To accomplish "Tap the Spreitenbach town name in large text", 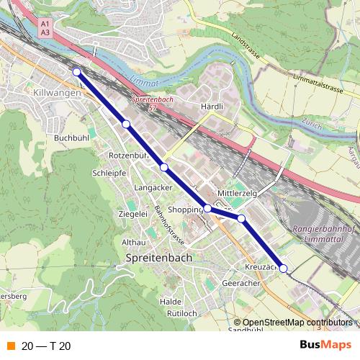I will point(158,257).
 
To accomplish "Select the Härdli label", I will point(212,106).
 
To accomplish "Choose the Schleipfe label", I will point(109,174).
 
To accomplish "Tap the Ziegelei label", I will point(132,214).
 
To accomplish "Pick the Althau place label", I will point(134,242).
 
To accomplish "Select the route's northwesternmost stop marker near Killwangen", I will point(76,71).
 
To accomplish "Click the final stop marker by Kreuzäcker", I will point(283,269).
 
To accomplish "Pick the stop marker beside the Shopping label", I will point(207,208).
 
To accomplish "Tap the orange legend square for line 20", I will point(11,346).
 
